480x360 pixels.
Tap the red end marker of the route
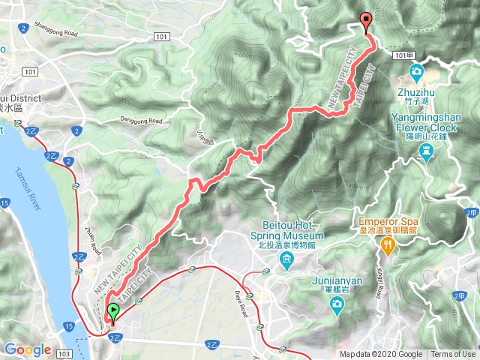pos(366,22)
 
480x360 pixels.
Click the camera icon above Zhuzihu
pos(417,73)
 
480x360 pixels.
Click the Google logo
pos(28,349)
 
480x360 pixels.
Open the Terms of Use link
pos(453,354)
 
